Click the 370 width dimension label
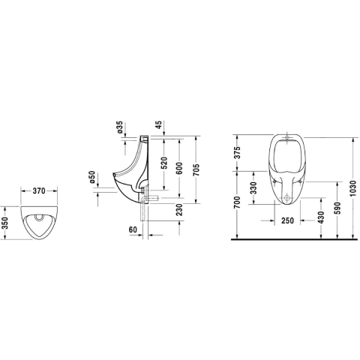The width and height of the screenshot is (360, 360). (39, 190)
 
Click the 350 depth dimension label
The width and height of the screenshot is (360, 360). (5, 223)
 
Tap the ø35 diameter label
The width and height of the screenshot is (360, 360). (120, 127)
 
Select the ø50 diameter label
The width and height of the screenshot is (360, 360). (92, 177)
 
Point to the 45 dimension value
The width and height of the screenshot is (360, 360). (159, 124)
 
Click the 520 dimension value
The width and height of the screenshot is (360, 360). (163, 163)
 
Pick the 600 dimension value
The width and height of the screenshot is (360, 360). (179, 168)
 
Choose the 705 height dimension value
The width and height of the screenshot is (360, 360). (196, 170)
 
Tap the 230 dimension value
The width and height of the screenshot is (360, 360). (179, 209)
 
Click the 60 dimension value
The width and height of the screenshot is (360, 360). (133, 229)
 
